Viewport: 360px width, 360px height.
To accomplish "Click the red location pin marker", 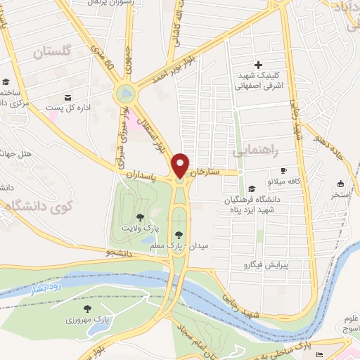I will point(181,166).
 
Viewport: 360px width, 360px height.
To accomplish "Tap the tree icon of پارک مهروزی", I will point(87,309).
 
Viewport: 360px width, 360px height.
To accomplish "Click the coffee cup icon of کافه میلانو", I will point(284,170).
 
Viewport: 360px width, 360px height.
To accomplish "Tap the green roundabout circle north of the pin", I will point(127,92).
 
